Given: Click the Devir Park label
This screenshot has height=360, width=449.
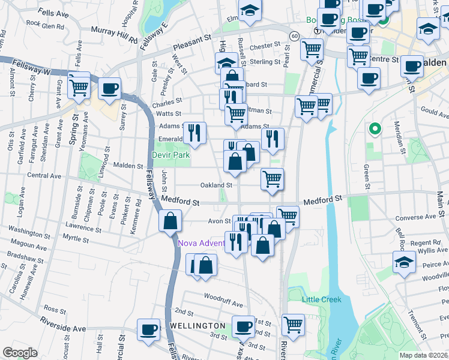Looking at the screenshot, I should tap(171, 155).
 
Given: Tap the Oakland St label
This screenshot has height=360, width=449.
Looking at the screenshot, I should tap(216, 185).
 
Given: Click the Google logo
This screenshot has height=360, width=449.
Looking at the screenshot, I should tap(20, 353).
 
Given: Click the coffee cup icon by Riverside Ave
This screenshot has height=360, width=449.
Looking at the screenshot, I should tap(148, 329).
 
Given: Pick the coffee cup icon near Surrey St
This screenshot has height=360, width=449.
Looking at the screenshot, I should tap(109, 88).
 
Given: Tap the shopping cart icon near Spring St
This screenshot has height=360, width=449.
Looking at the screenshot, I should tap(79, 86).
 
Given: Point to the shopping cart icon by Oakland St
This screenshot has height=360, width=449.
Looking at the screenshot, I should tap(272, 178).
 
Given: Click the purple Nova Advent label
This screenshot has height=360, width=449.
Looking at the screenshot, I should tap(200, 243).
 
